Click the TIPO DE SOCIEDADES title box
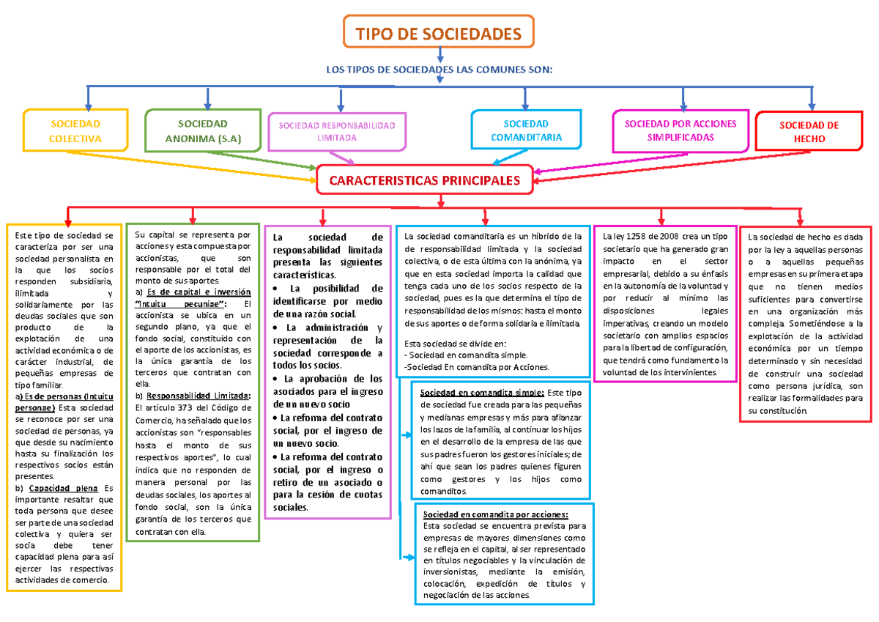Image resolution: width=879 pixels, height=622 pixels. (x=439, y=34)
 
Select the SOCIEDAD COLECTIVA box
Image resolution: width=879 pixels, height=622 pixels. (x=75, y=131)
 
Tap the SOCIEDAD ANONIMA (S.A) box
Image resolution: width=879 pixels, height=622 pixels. (x=203, y=131)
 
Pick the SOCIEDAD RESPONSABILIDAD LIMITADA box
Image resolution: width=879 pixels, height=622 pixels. (x=337, y=131)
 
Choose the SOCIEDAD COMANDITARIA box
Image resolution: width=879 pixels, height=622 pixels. (x=526, y=130)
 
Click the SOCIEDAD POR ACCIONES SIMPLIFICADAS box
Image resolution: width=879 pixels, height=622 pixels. (x=680, y=130)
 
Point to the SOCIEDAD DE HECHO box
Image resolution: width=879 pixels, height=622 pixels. (x=808, y=131)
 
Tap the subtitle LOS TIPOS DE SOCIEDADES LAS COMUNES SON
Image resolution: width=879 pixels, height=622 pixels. (x=438, y=70)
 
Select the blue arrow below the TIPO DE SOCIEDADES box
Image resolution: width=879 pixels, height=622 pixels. (x=439, y=53)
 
